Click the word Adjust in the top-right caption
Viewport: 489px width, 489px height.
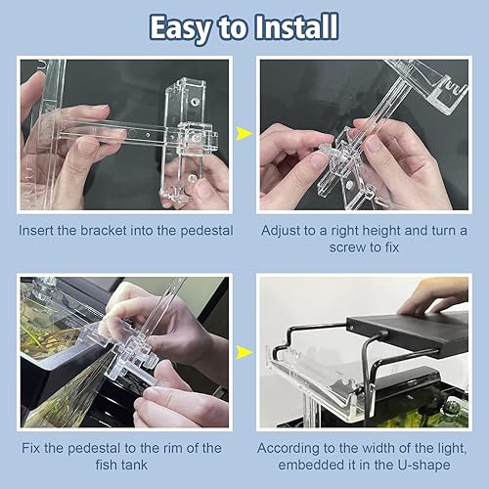[284, 233]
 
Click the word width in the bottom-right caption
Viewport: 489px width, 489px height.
[376, 450]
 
